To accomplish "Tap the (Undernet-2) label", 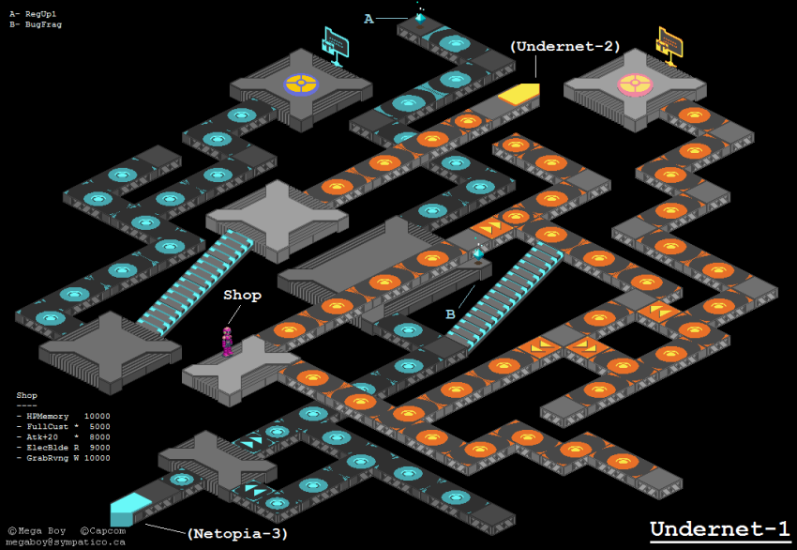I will click(564, 46).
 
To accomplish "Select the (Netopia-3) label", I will click(237, 533).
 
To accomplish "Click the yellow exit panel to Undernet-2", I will click(519, 93).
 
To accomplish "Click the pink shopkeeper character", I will click(226, 340).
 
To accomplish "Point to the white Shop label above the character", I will click(242, 295).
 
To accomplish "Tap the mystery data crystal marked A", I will click(420, 16).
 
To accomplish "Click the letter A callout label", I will click(368, 19).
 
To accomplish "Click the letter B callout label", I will click(450, 314).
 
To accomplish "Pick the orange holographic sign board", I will click(669, 43).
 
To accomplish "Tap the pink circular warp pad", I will click(635, 84).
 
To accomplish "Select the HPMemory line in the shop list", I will click(63, 415).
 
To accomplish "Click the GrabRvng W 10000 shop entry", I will click(63, 458).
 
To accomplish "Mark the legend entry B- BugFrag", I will click(36, 24).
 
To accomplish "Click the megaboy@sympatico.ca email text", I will click(67, 542).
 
